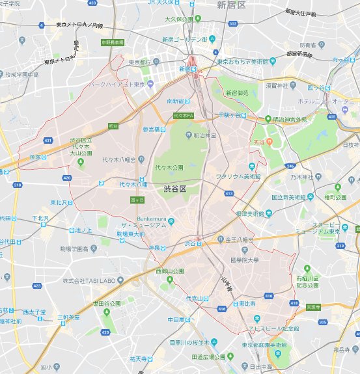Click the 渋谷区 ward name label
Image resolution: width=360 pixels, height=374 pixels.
174,189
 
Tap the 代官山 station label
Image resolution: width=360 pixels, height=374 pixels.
198,299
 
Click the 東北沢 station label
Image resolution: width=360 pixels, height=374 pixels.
63,202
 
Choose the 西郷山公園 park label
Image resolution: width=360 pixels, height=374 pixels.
169,271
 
